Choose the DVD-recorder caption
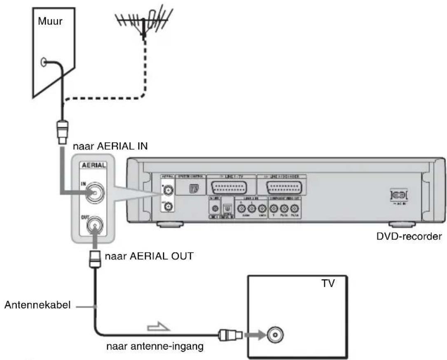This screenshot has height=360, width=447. coord(403,237)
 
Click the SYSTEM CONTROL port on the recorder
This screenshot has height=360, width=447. coord(192,188)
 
